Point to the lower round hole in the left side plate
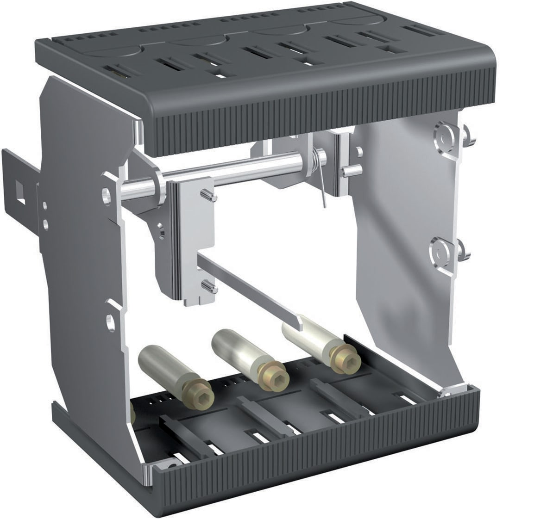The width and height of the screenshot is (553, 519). coord(110,321)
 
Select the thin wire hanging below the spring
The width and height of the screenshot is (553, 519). coord(322,190)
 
